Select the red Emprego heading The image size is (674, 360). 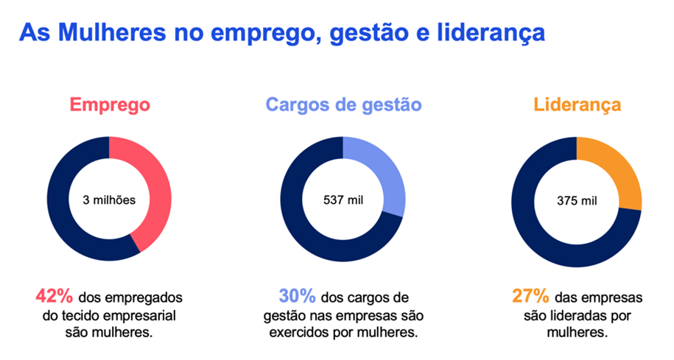point(110,105)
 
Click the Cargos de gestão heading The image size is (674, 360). point(343,105)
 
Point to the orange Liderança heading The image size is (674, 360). point(577,105)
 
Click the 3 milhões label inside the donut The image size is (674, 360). point(109,200)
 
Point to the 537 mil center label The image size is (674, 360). point(343,200)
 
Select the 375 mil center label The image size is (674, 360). point(577,200)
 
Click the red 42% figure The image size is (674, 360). point(55,297)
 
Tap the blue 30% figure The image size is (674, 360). point(297,297)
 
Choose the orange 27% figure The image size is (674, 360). point(530,297)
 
